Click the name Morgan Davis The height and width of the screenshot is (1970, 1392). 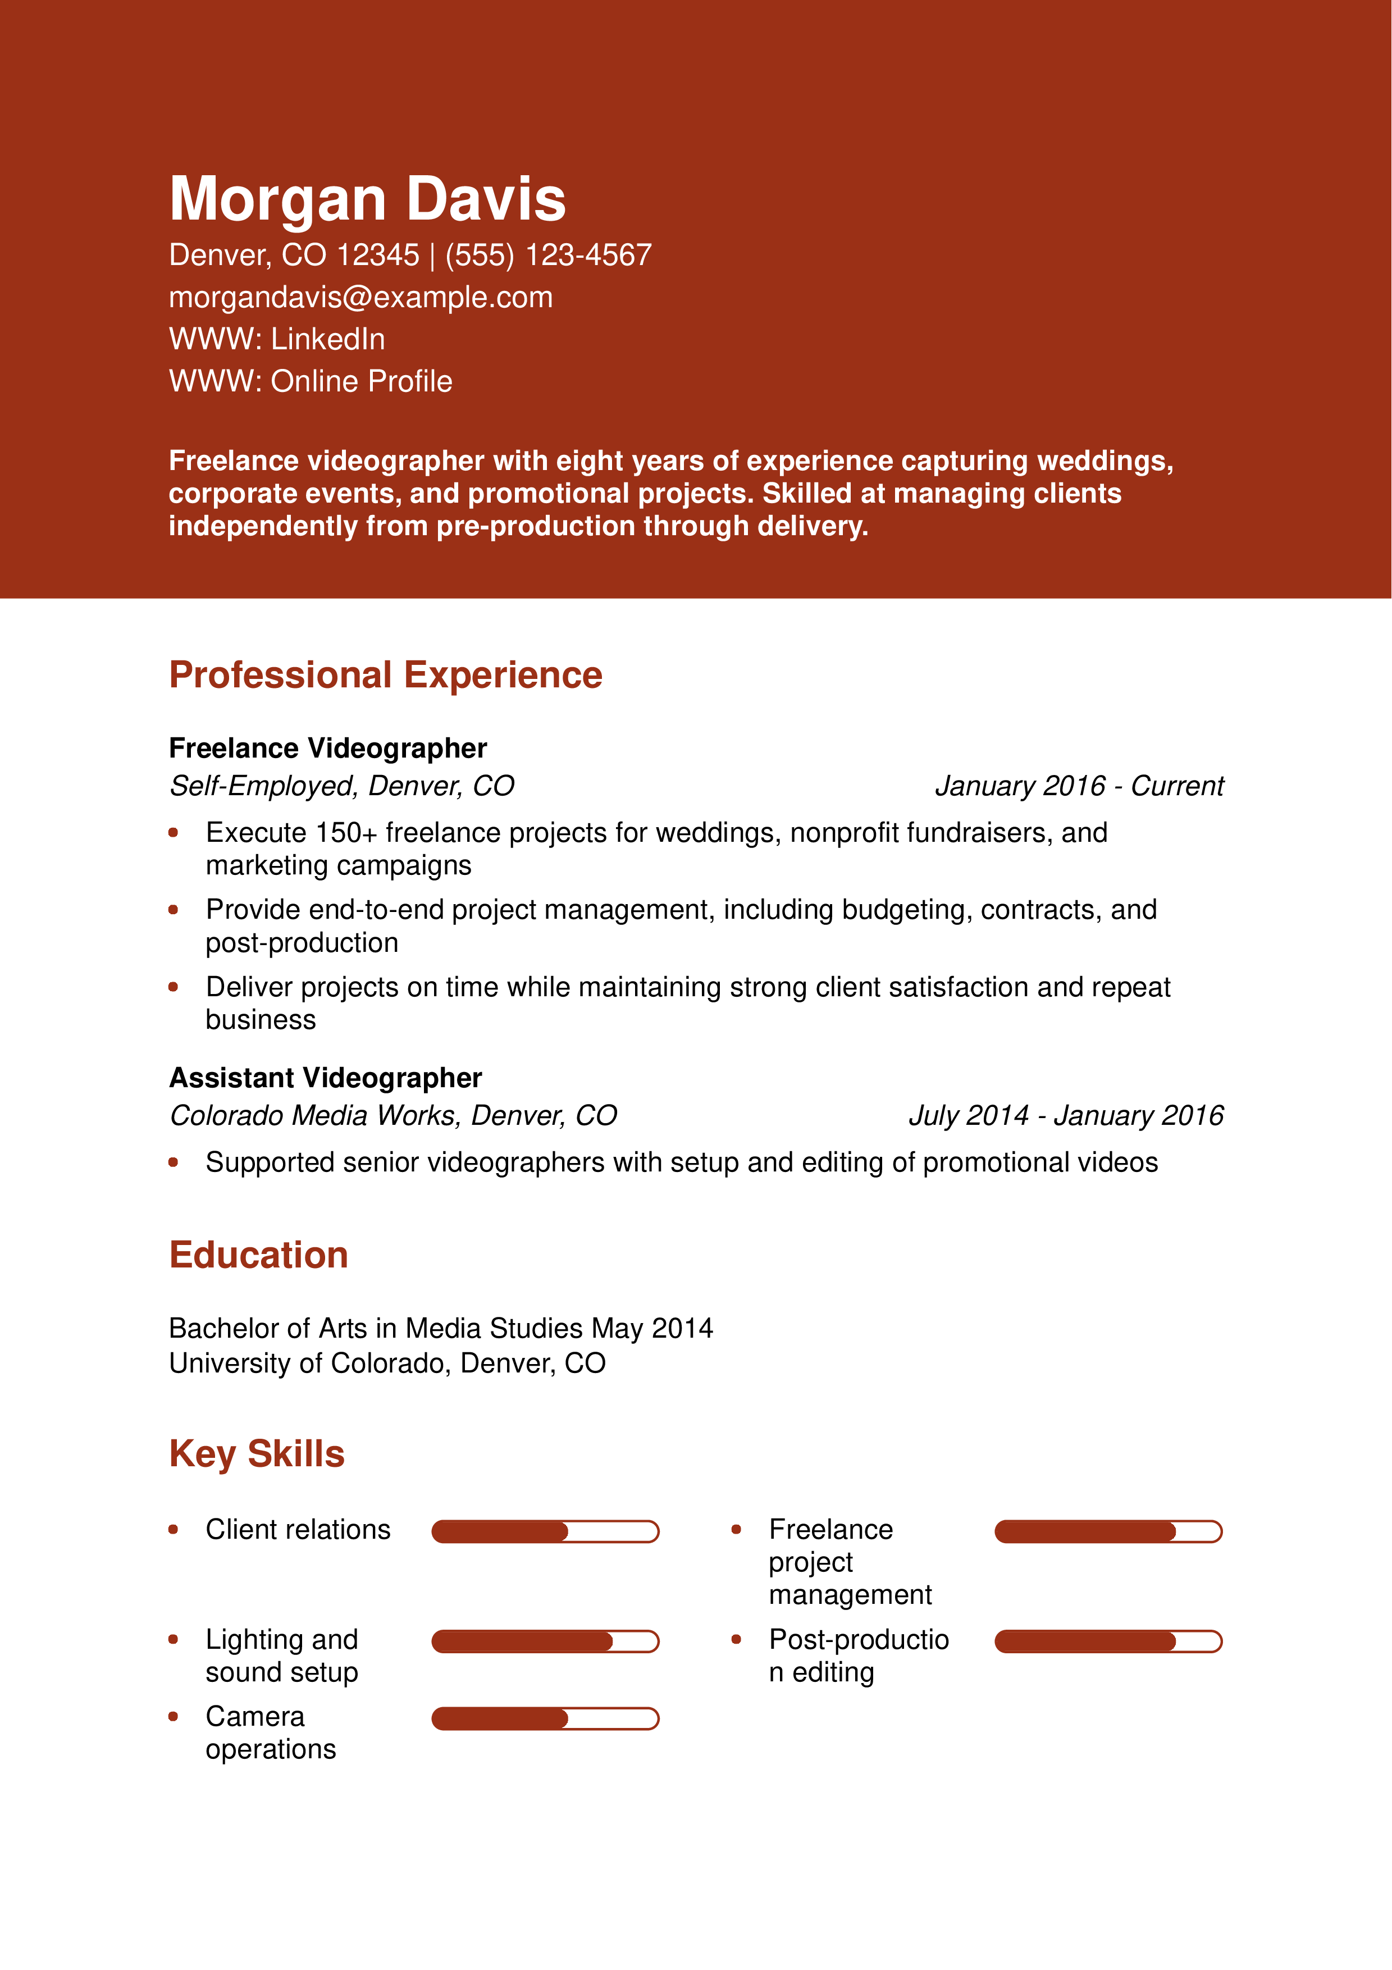coord(367,199)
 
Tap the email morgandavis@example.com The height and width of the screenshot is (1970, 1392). coord(360,298)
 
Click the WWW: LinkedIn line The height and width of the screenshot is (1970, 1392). coord(276,340)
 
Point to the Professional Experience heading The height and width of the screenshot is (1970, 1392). coord(385,675)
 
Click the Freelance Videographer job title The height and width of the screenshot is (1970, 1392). coord(327,748)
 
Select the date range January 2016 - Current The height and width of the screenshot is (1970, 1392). coord(1079,786)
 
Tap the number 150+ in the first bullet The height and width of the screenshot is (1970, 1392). coord(346,833)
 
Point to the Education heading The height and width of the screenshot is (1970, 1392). coord(258,1255)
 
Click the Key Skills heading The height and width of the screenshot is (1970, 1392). coord(257,1454)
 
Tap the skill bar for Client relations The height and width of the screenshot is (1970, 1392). coord(545,1531)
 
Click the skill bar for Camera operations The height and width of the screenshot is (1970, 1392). coord(545,1718)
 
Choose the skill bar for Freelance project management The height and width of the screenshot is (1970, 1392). coord(1108,1531)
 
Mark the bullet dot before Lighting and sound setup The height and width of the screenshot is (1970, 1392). coord(174,1640)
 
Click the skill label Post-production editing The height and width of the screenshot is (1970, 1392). coord(857,1656)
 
